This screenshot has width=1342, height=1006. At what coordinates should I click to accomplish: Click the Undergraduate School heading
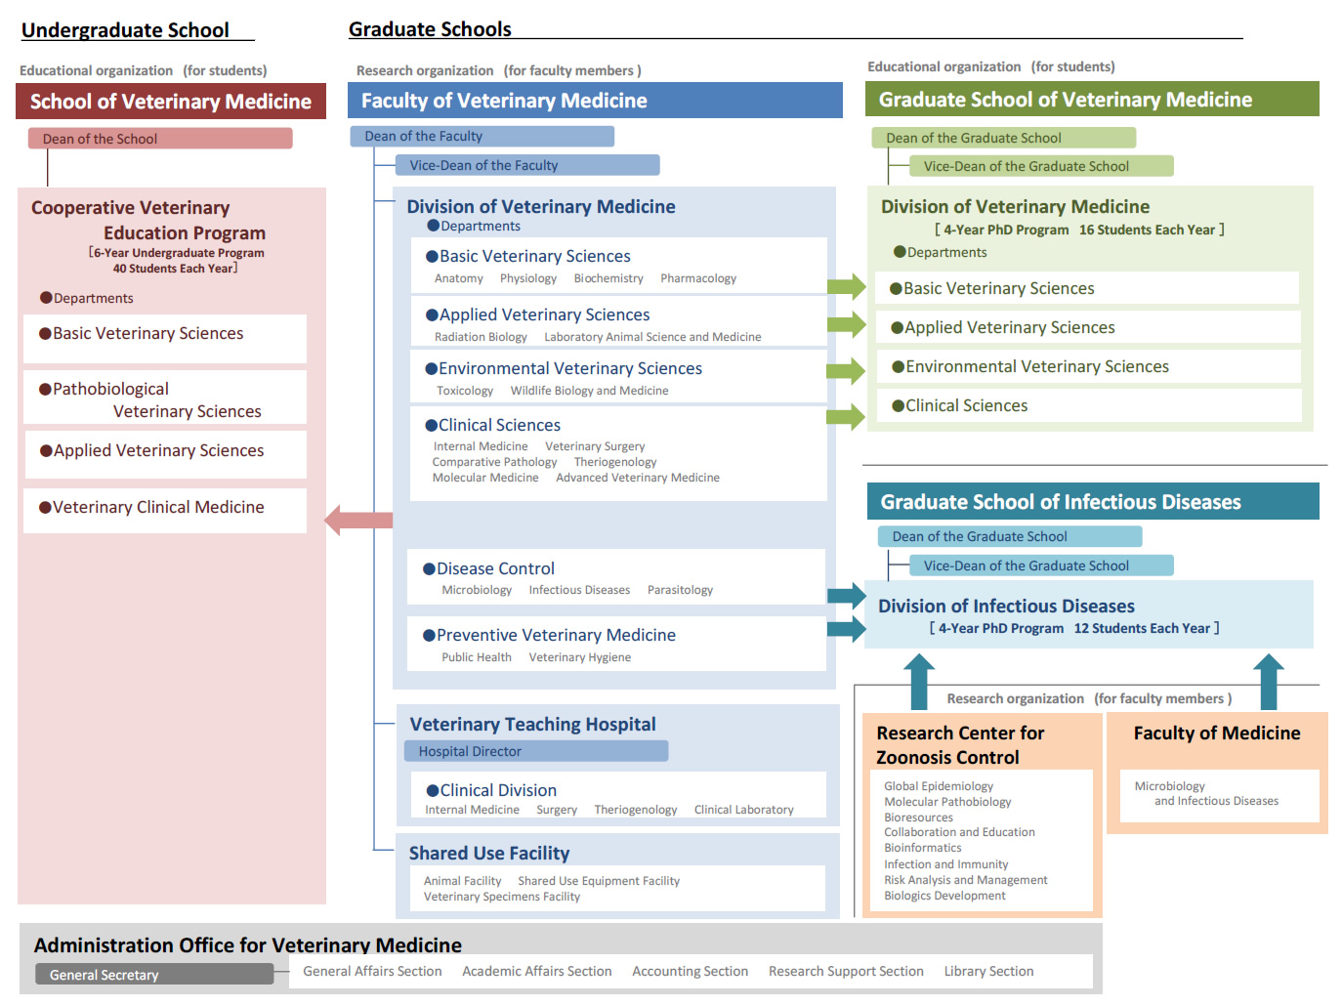click(x=125, y=30)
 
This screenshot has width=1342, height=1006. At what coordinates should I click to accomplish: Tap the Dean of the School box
click(x=160, y=138)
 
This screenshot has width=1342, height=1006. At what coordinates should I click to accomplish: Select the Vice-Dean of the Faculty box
click(x=527, y=165)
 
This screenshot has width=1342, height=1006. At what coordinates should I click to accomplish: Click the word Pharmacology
click(x=698, y=278)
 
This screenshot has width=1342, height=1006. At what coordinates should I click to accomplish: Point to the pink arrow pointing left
click(x=358, y=521)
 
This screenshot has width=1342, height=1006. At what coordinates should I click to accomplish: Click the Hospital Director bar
click(x=536, y=751)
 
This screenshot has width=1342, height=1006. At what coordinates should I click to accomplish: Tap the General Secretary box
click(x=154, y=974)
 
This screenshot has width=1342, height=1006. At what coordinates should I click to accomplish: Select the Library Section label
click(x=988, y=971)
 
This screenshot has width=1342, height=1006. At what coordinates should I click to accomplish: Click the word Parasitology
click(x=680, y=590)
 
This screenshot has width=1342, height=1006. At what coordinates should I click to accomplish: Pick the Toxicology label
click(x=465, y=391)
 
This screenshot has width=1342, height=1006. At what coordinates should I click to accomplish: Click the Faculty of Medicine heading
click(x=1217, y=733)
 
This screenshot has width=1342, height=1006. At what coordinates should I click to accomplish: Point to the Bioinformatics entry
click(x=923, y=848)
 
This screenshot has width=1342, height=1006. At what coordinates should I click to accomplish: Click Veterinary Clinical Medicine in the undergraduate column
click(x=158, y=507)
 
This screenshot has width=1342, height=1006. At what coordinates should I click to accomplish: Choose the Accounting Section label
click(x=690, y=971)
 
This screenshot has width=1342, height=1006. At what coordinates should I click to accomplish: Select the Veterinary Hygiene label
click(x=579, y=657)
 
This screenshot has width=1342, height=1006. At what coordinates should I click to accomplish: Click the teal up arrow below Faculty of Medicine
click(x=1268, y=682)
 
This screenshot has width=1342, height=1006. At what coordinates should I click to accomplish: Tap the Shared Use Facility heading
click(x=489, y=854)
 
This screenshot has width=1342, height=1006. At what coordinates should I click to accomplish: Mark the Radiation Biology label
click(x=481, y=337)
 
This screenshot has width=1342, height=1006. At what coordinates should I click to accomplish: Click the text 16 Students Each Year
click(x=1147, y=230)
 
